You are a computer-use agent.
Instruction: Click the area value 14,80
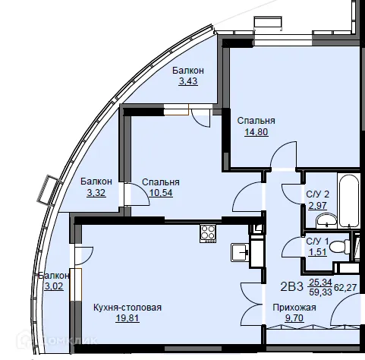pyautogui.click(x=256, y=132)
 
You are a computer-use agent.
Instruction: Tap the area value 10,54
pyautogui.click(x=161, y=193)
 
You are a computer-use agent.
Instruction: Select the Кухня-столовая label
pyautogui.click(x=127, y=308)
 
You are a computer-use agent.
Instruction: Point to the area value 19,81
pyautogui.click(x=127, y=318)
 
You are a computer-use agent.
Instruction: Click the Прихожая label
pyautogui.click(x=294, y=308)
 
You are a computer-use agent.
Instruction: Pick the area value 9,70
pyautogui.click(x=294, y=318)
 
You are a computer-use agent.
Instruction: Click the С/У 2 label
pyautogui.click(x=318, y=194)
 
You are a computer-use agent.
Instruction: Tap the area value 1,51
pyautogui.click(x=317, y=252)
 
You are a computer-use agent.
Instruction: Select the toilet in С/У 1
pyautogui.click(x=340, y=246)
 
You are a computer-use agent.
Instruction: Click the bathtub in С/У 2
pyautogui.click(x=349, y=200)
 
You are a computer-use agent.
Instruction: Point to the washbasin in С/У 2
pyautogui.click(x=326, y=220)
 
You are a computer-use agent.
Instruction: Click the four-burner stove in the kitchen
pyautogui.click(x=208, y=234)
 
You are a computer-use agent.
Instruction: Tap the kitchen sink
pyautogui.click(x=240, y=252)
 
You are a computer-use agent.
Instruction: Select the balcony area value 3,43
pyautogui.click(x=188, y=81)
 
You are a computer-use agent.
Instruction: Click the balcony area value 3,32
pyautogui.click(x=96, y=193)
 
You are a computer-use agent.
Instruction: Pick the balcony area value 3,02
pyautogui.click(x=54, y=286)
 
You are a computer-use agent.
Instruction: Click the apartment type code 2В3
pyautogui.click(x=291, y=287)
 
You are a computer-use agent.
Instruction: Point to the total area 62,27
pyautogui.click(x=345, y=288)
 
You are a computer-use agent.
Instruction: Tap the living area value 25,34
pyautogui.click(x=320, y=282)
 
